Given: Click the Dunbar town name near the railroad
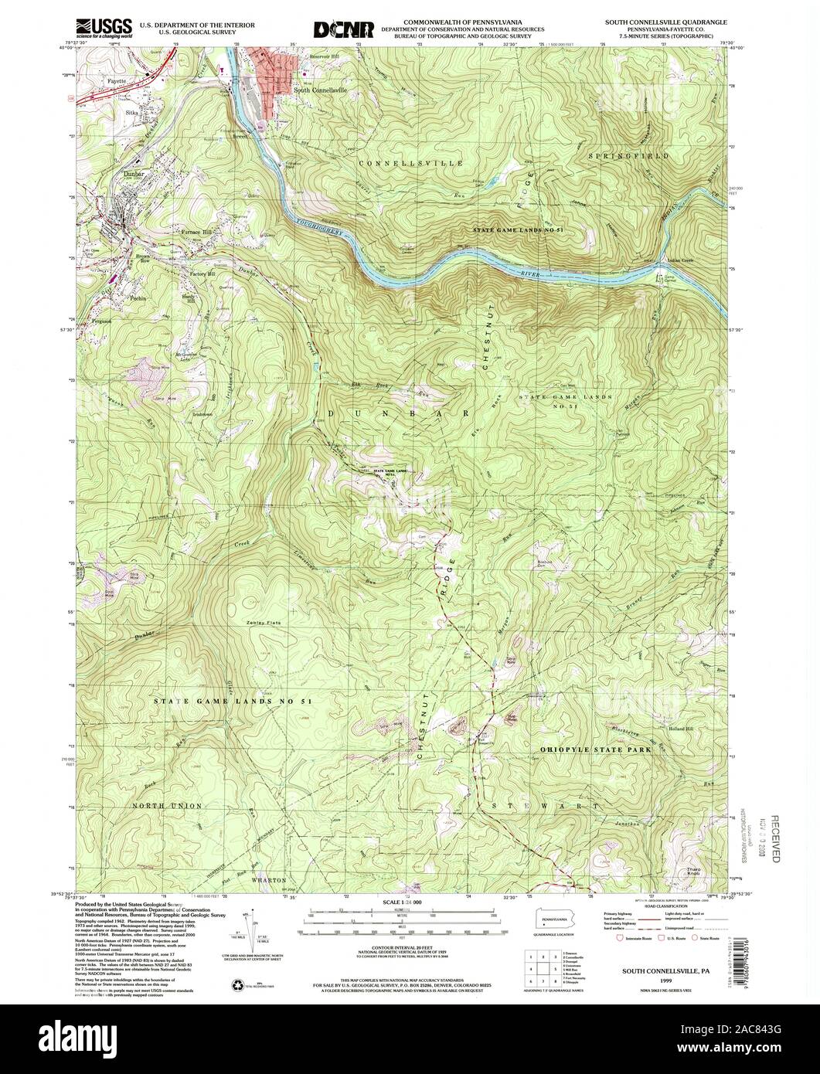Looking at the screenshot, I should click(x=136, y=175).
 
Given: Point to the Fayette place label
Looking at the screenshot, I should click(x=115, y=80).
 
